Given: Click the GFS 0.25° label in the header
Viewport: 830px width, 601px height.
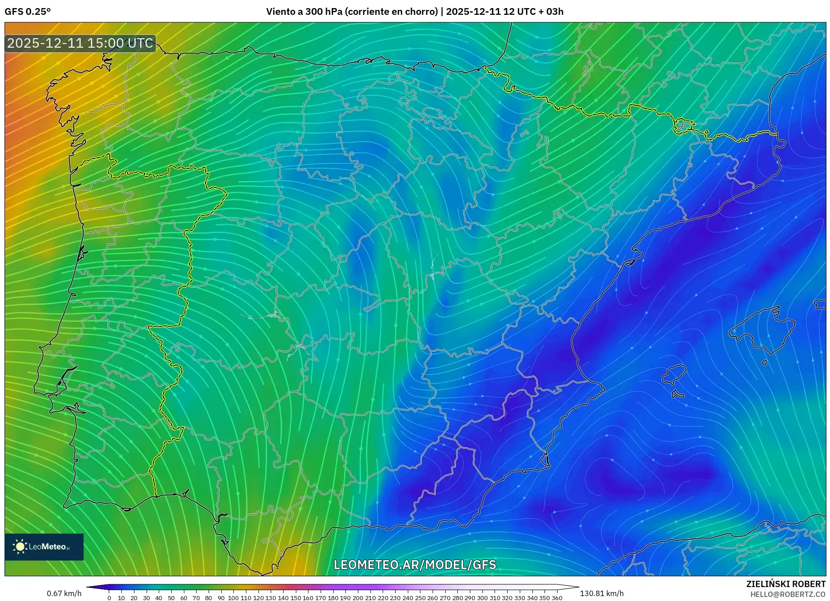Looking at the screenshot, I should [x=27, y=12].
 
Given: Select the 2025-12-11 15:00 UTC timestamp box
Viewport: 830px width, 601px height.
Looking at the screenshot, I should [x=80, y=43].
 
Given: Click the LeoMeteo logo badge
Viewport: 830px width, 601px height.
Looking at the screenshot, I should [x=44, y=547].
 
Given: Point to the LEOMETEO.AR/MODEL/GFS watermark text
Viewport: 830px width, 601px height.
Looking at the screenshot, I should [x=415, y=565].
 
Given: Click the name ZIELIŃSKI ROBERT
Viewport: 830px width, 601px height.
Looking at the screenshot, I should [x=785, y=584].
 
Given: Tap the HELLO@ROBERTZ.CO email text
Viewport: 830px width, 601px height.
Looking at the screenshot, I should [x=788, y=594].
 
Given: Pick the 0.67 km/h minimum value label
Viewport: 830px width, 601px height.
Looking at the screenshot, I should [x=64, y=593].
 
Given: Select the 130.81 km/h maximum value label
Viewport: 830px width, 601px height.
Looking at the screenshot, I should [x=602, y=593].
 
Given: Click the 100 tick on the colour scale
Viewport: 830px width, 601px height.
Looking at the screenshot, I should [x=233, y=598].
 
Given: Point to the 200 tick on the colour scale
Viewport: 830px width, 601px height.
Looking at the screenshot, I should [x=357, y=598].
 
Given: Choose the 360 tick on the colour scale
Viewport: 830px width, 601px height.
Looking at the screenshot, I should [x=557, y=598].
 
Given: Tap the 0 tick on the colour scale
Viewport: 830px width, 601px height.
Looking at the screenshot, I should [x=109, y=598].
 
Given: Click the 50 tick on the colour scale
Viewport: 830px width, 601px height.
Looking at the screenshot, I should [x=171, y=598].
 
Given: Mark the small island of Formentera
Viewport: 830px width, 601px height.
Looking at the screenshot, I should [x=678, y=394].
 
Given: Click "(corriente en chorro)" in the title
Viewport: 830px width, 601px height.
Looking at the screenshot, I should [x=391, y=12].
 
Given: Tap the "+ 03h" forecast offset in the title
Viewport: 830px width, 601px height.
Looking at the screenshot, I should [x=554, y=12].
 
